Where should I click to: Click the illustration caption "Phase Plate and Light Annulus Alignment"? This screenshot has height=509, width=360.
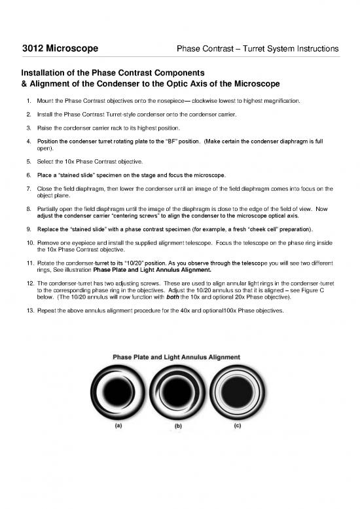(x=177, y=356)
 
